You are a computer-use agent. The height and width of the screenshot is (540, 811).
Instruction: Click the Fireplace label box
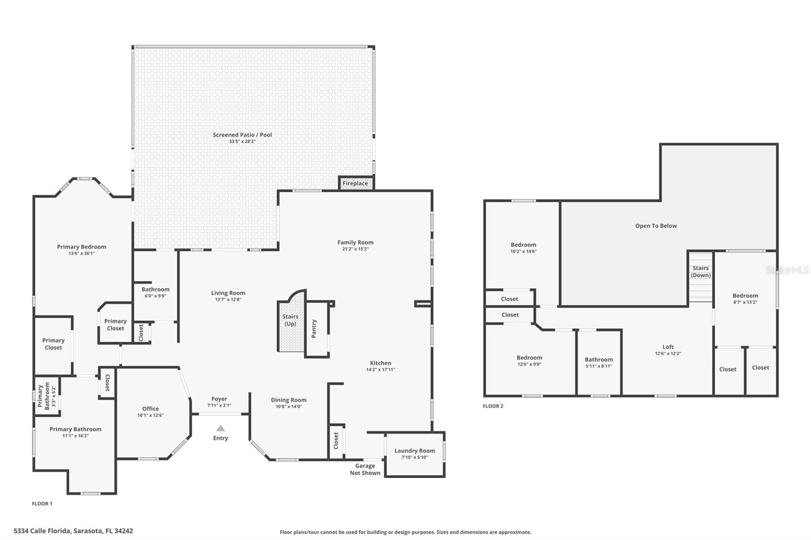coord(355,183)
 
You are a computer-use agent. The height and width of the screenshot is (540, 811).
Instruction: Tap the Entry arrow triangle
coord(220,428)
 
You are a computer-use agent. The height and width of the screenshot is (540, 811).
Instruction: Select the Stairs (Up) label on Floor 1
coord(290,320)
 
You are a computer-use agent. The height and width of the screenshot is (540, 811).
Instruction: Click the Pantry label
coord(314,329)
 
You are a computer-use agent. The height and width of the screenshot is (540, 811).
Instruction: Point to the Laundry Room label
coord(415,450)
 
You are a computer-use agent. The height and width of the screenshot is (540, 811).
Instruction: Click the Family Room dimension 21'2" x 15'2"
coord(355,249)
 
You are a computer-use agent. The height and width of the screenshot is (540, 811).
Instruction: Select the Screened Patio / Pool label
coord(242,135)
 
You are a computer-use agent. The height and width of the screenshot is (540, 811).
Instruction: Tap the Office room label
coord(151,409)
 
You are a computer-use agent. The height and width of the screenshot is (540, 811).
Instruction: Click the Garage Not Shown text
coord(365,469)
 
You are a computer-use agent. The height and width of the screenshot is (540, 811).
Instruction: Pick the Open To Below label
coord(656,226)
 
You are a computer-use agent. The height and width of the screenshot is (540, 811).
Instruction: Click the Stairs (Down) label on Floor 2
coord(701,272)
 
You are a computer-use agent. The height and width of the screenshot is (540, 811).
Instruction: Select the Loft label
coord(668,347)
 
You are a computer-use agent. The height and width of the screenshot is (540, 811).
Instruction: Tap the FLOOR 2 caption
coord(493,406)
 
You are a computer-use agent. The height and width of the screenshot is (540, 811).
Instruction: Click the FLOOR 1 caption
coord(42,504)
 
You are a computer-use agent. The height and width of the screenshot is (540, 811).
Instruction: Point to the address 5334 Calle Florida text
coord(73,531)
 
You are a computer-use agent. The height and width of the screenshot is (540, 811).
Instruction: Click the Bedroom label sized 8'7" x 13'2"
coord(745,296)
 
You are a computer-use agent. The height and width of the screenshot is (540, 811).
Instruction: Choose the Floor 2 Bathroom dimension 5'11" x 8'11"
coord(599,366)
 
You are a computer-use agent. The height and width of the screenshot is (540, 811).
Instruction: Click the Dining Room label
coord(288,400)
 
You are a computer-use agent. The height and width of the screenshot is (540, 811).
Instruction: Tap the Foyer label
coord(219,399)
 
